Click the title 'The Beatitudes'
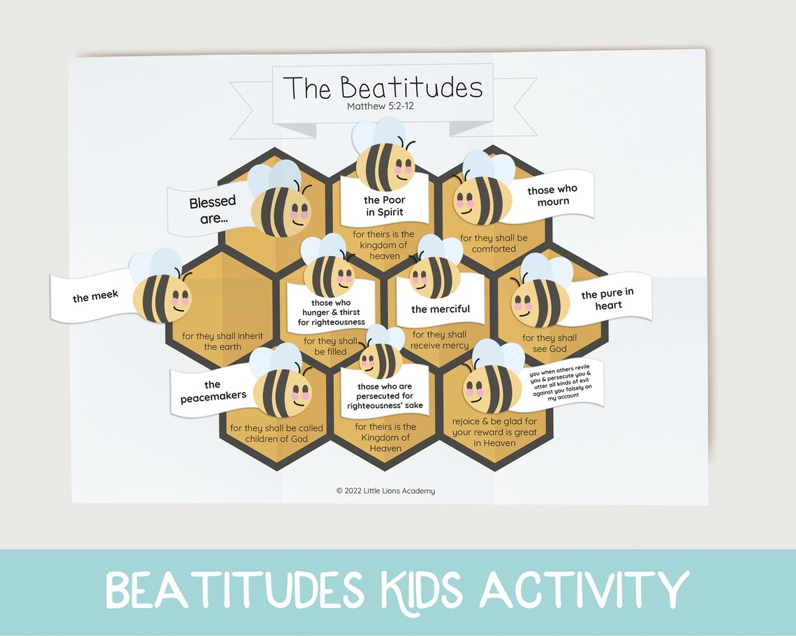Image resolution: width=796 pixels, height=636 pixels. [383, 89]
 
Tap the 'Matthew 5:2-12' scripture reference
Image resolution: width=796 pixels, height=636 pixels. [382, 107]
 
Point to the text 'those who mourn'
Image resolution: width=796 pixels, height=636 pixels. [553, 195]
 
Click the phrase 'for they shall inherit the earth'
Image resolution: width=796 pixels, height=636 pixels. [223, 341]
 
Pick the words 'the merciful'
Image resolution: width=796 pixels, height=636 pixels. [440, 309]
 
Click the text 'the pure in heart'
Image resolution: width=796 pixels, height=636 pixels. [607, 300]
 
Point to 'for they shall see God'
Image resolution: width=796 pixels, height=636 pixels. [550, 343]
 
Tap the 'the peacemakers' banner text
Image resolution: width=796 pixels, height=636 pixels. [213, 391]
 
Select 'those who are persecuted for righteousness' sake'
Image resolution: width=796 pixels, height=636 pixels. [385, 395]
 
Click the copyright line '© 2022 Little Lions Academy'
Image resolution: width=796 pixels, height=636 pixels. [385, 491]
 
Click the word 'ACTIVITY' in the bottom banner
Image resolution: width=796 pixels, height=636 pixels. [583, 591]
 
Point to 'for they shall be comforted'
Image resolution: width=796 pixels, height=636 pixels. [494, 243]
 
